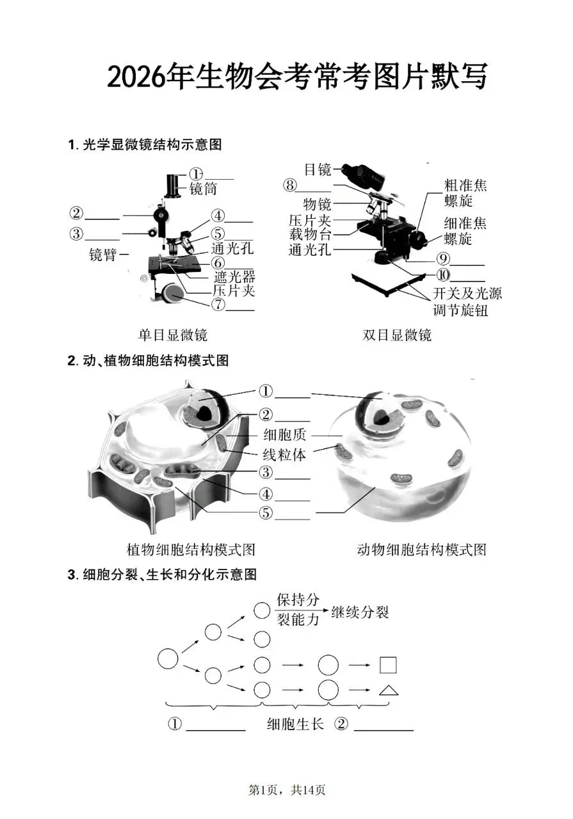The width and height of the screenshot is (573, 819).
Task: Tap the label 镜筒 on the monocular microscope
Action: click(203, 189)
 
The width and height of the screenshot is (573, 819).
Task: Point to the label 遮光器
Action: click(234, 277)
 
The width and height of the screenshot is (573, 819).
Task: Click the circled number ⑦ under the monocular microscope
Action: click(219, 305)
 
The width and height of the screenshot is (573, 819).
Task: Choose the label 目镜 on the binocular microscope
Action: click(318, 170)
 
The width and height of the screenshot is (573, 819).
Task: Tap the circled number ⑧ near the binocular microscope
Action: click(291, 186)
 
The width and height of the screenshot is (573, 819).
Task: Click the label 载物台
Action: click(309, 235)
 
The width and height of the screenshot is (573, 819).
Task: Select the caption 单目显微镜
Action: click(173, 335)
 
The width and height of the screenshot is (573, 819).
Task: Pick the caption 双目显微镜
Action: click(397, 335)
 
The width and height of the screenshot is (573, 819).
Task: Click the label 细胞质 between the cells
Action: click(285, 435)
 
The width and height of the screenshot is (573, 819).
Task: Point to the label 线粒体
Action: click(285, 455)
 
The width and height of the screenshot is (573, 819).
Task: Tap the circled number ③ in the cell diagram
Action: click(266, 473)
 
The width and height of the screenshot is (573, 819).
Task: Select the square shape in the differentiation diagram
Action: click(388, 665)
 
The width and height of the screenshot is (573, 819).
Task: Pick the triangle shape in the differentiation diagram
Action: click(388, 690)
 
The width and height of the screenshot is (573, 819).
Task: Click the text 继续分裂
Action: click(360, 612)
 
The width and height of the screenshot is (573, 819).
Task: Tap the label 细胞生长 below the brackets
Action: click(296, 725)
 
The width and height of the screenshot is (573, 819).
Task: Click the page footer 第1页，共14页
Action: click(287, 791)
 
